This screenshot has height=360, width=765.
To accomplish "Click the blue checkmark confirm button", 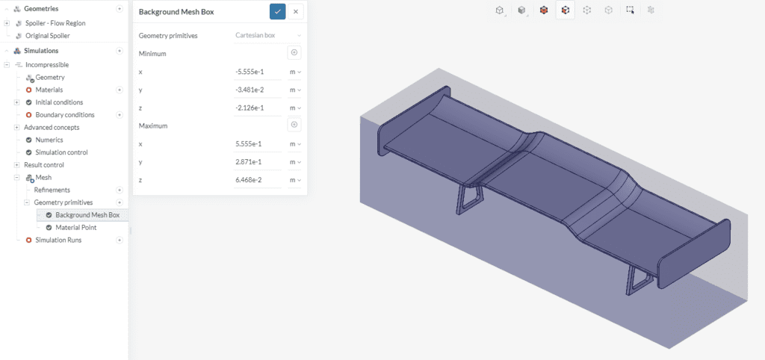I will click(x=277, y=11).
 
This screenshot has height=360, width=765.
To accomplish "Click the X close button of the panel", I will click(x=296, y=11).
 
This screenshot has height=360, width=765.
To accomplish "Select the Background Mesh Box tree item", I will click(x=87, y=215).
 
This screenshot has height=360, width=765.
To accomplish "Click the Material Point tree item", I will click(x=75, y=228).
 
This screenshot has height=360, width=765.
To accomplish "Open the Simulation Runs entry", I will click(x=58, y=240).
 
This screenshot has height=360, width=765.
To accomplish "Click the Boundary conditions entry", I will click(x=64, y=115).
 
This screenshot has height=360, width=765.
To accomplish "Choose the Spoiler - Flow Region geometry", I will click(x=55, y=23).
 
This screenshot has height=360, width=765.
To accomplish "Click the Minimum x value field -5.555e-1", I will click(x=257, y=72).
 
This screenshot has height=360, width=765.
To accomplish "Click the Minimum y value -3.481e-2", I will click(x=257, y=90).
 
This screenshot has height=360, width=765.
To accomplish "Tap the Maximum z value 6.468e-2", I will click(x=257, y=180).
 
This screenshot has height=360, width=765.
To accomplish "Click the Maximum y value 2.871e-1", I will click(x=257, y=162).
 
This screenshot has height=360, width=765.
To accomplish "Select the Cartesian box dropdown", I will click(x=267, y=35).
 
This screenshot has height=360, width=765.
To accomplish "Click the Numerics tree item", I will click(x=49, y=140).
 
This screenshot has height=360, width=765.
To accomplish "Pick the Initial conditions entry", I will click(x=59, y=102).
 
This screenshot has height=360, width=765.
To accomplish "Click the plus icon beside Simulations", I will click(x=120, y=51).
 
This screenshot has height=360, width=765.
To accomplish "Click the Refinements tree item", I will click(x=52, y=190).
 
